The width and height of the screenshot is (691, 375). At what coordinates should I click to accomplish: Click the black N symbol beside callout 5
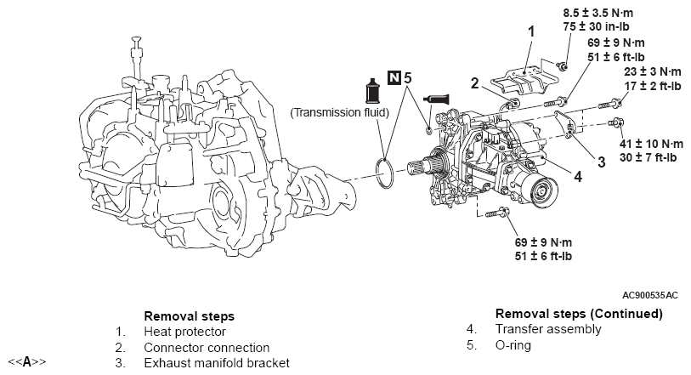pos(394,78)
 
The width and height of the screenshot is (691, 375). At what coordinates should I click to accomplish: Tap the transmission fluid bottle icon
pos(373,91)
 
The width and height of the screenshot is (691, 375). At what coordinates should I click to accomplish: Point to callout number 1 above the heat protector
pos(531,31)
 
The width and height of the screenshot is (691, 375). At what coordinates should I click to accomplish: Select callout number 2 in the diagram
pos(474,83)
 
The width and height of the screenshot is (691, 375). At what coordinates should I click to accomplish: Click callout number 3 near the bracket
pos(601,162)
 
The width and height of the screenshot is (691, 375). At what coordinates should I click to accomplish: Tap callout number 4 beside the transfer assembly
pos(578,177)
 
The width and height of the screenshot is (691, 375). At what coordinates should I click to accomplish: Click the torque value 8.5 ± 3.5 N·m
pos(598,13)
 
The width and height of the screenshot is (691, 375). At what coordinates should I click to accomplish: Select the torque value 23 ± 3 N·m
pos(653,71)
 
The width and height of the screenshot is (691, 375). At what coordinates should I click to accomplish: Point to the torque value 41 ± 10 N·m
pos(652,144)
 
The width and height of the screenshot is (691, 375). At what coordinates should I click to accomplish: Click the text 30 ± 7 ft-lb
pos(648,157)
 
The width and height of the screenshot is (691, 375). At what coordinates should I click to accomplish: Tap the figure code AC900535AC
pos(650,295)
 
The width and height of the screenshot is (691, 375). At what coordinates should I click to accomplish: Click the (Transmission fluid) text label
pos(339,113)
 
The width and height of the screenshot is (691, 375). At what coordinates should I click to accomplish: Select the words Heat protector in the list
pos(184,332)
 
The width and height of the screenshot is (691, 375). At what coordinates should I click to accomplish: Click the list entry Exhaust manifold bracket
pos(217,363)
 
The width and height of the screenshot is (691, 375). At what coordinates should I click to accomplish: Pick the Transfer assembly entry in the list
pos(548,329)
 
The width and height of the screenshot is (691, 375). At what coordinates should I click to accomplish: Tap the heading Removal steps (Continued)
pos(579,314)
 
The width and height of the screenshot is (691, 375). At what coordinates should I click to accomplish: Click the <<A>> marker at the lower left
pos(27,362)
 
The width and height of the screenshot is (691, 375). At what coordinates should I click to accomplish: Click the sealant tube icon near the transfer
pos(436,99)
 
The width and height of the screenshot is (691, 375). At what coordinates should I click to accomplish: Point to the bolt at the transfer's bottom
pos(497,213)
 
